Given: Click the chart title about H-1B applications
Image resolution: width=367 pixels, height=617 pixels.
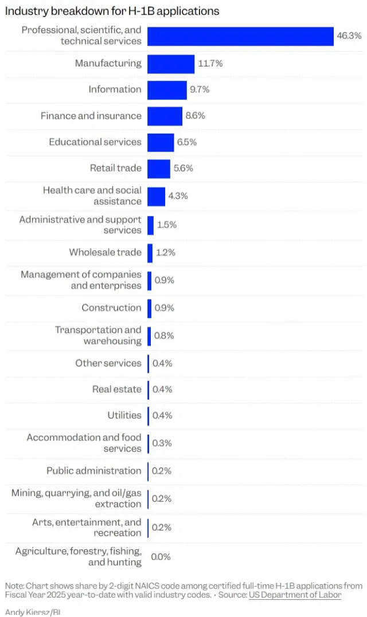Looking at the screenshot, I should (x=112, y=11).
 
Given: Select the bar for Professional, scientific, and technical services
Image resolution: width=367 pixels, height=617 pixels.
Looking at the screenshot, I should (x=240, y=36).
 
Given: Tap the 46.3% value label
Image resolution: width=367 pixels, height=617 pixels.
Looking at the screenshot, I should (x=349, y=36).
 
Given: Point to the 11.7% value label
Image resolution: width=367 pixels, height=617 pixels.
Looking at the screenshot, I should (x=210, y=63).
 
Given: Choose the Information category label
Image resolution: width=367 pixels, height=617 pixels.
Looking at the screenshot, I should (x=115, y=90).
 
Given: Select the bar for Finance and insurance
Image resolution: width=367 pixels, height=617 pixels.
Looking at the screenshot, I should (x=165, y=116).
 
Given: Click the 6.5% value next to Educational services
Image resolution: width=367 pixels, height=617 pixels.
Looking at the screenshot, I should (x=187, y=142).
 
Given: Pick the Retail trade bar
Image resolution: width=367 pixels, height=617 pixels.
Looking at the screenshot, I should (x=159, y=169).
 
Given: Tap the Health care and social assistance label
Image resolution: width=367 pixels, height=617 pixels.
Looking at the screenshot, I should (x=92, y=196).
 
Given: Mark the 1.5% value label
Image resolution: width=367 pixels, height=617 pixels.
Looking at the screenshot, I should (x=167, y=225).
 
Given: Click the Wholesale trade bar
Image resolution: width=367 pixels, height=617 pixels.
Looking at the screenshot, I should (x=150, y=253).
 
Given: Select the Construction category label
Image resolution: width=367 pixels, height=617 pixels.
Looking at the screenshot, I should (x=111, y=308).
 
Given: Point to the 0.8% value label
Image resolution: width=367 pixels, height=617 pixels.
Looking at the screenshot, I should (x=165, y=336).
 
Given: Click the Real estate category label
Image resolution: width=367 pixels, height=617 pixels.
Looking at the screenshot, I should (x=117, y=389).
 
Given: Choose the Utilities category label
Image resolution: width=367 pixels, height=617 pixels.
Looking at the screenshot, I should (x=124, y=416).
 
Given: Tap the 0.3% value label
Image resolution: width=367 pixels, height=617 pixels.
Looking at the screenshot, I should (x=162, y=443).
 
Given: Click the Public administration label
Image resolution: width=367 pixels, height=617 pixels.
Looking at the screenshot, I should (x=94, y=471).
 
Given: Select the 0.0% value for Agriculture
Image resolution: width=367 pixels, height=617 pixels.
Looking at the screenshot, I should (x=161, y=557).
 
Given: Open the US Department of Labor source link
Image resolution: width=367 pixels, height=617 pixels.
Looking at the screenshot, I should (x=295, y=595).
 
